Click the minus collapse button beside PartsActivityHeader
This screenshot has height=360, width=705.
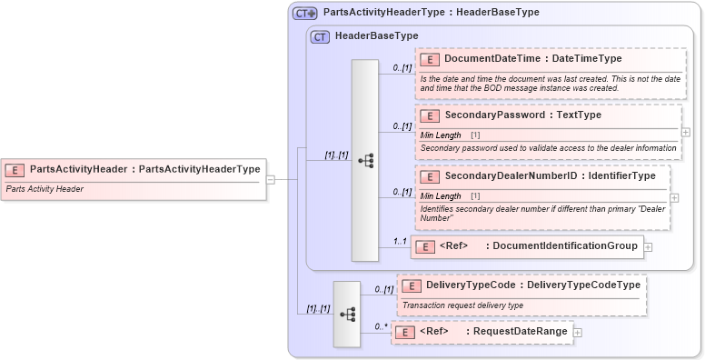270,179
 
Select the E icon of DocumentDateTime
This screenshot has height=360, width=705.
430,59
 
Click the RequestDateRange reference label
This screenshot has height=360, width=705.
516,332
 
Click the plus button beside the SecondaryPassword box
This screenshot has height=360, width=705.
686,132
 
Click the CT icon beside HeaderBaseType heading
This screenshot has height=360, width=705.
319,36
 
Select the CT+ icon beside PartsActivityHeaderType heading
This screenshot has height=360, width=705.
303,13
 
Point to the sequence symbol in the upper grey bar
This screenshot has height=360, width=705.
365,160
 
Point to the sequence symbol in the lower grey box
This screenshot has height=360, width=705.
347,314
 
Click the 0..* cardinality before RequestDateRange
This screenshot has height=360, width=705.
381,325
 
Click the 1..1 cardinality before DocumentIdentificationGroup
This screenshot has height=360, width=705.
399,241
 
